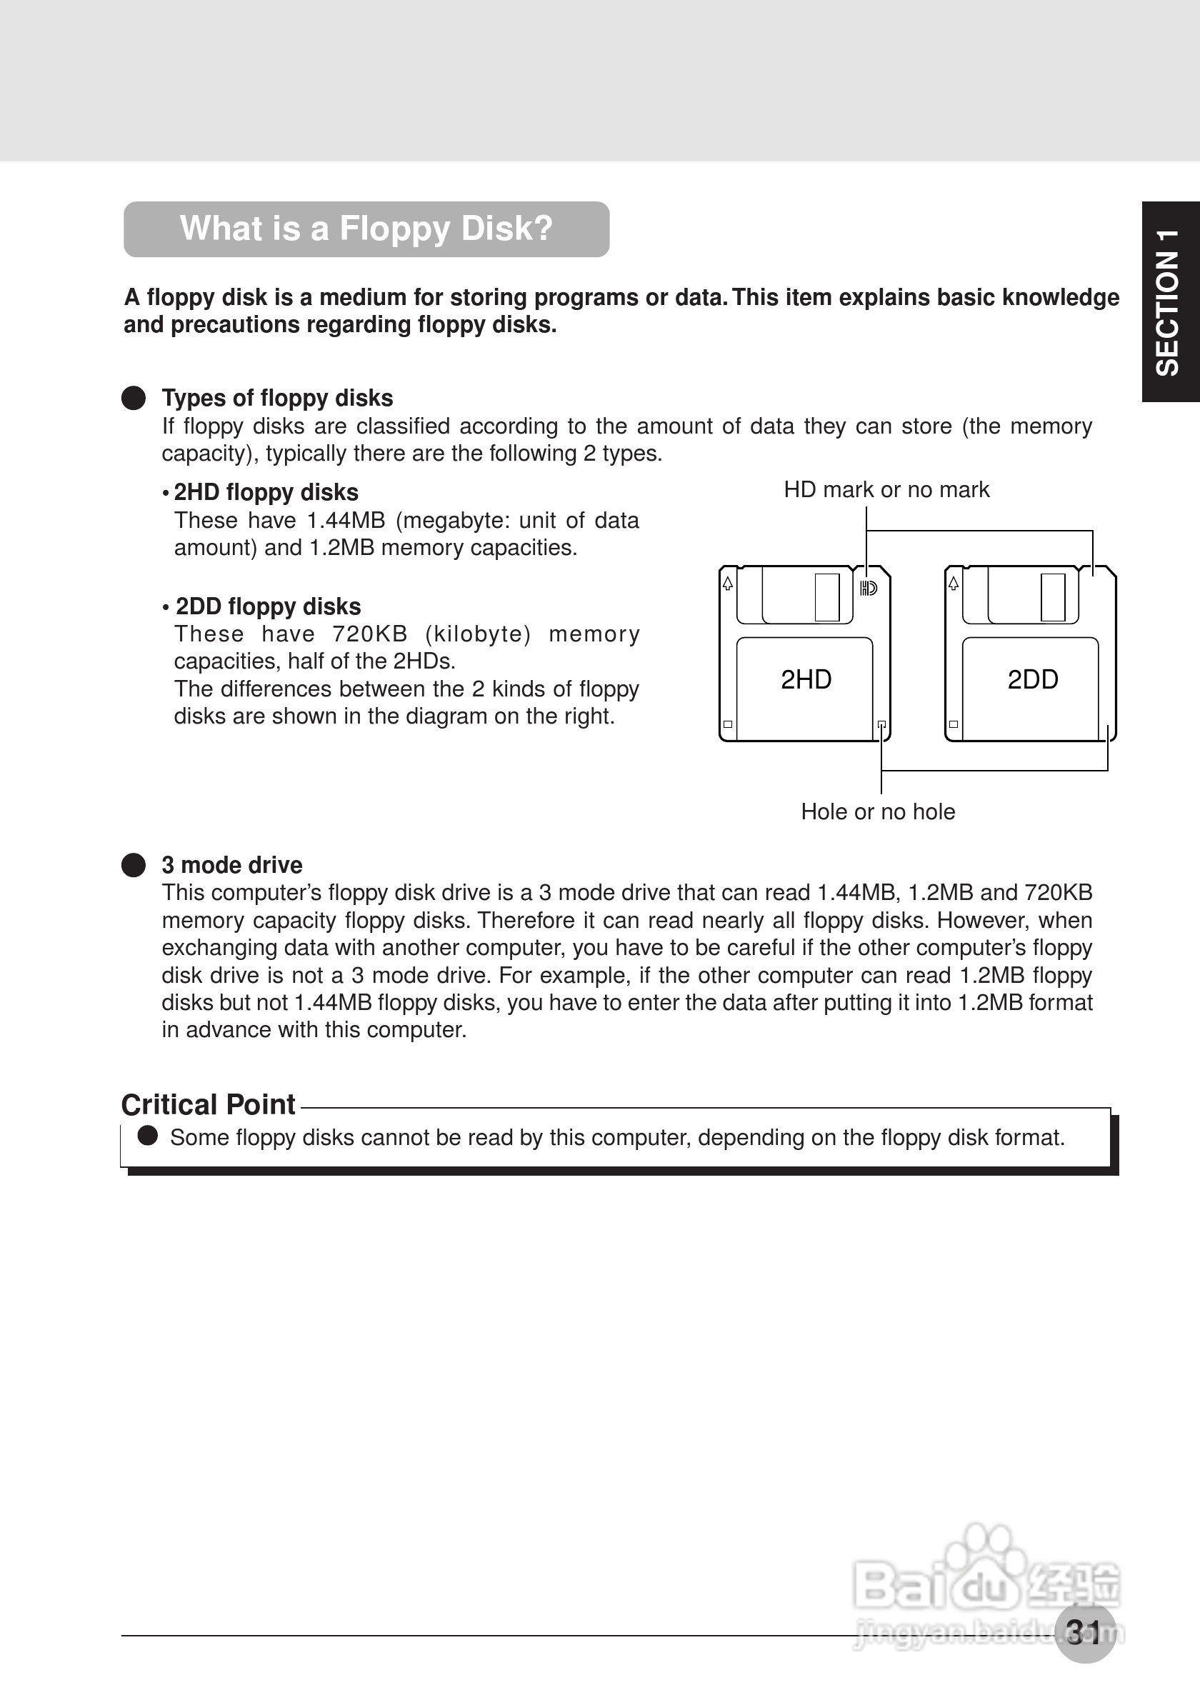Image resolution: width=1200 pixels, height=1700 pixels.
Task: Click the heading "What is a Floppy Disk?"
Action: point(366,229)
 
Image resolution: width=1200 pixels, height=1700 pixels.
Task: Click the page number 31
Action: point(1084,1632)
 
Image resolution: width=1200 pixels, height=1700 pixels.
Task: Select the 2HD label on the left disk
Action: point(806,680)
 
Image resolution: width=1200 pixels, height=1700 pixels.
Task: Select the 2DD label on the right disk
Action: point(1033,680)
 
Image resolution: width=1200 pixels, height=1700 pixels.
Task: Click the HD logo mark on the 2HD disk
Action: point(869,589)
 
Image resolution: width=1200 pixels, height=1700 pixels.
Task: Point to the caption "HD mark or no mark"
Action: point(886,490)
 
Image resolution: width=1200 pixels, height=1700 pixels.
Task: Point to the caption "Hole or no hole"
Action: point(878,812)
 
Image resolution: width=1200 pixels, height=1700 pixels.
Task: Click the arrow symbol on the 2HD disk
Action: point(729,584)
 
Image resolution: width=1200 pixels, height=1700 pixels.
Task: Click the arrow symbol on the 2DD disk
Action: point(954,584)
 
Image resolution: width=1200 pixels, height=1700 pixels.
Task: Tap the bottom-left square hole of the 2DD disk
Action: point(954,724)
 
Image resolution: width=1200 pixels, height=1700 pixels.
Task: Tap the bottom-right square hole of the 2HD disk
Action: point(881,724)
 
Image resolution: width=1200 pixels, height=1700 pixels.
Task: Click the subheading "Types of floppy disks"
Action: point(278,399)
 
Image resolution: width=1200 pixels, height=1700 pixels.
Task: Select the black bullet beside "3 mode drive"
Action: point(134,865)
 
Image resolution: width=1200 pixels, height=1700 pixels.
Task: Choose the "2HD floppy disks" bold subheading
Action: point(266,493)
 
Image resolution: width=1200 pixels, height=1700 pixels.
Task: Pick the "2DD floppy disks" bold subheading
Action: point(268,607)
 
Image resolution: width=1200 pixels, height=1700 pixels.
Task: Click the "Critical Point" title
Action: point(209,1105)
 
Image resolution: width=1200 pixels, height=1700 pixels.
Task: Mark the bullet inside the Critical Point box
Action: point(148,1136)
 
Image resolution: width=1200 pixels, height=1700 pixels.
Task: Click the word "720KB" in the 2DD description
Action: point(370,634)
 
